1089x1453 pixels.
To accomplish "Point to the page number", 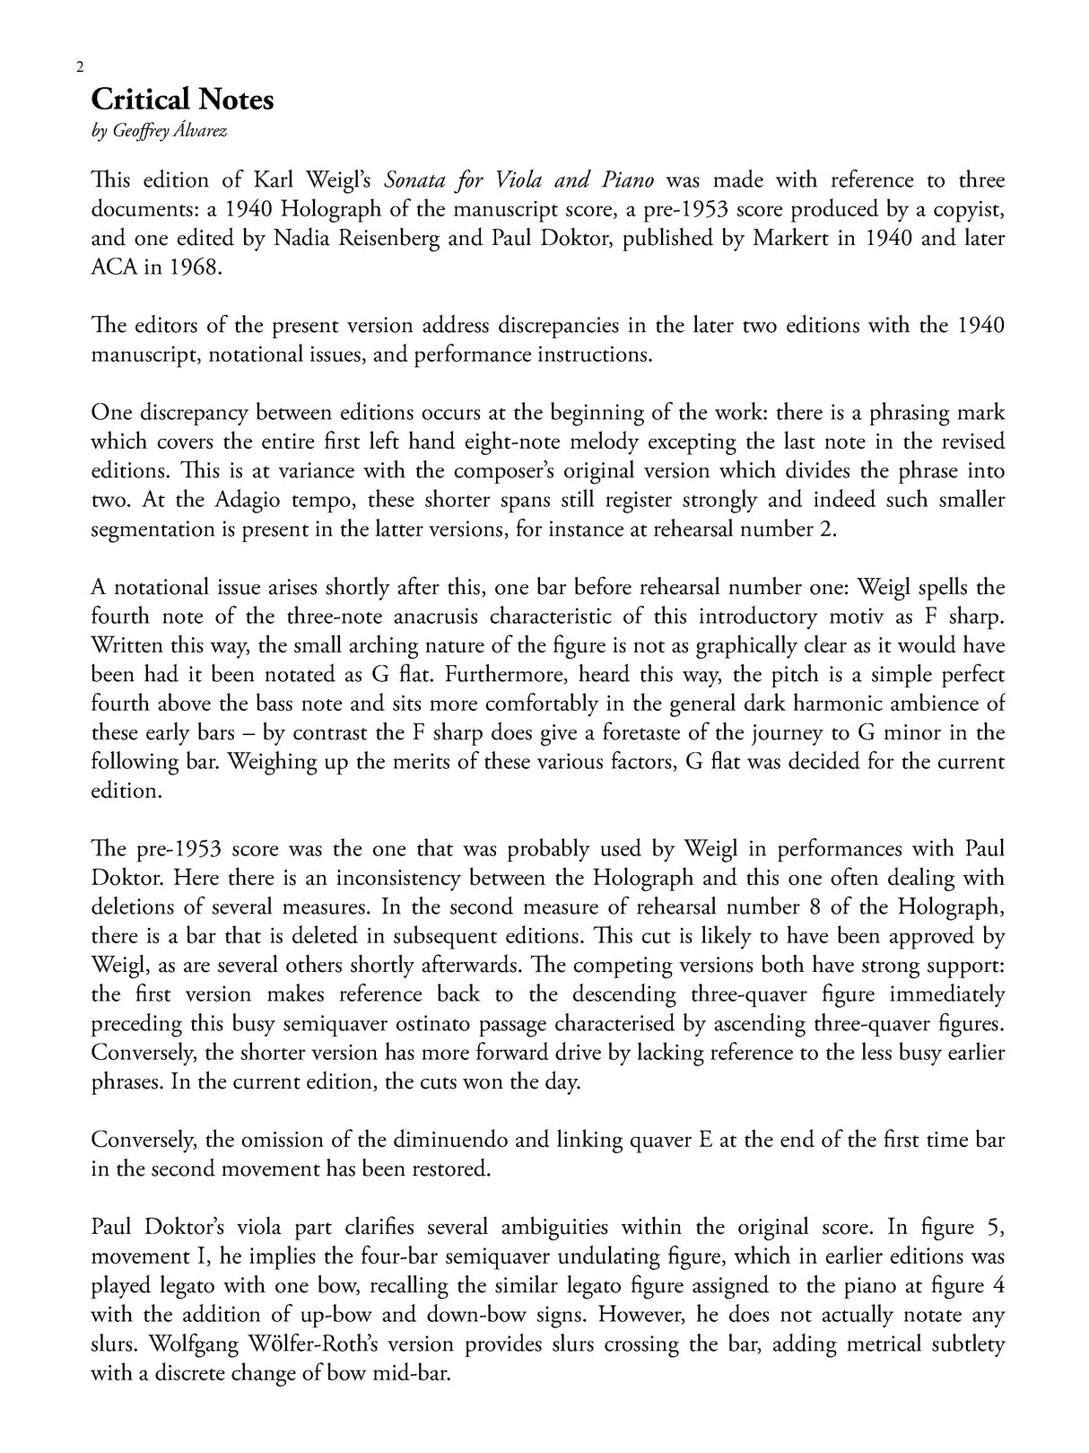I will pos(80,67).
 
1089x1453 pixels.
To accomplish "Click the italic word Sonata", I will pos(415,179).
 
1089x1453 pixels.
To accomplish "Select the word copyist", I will pos(966,209).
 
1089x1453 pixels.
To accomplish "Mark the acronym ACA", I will pos(112,267).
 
